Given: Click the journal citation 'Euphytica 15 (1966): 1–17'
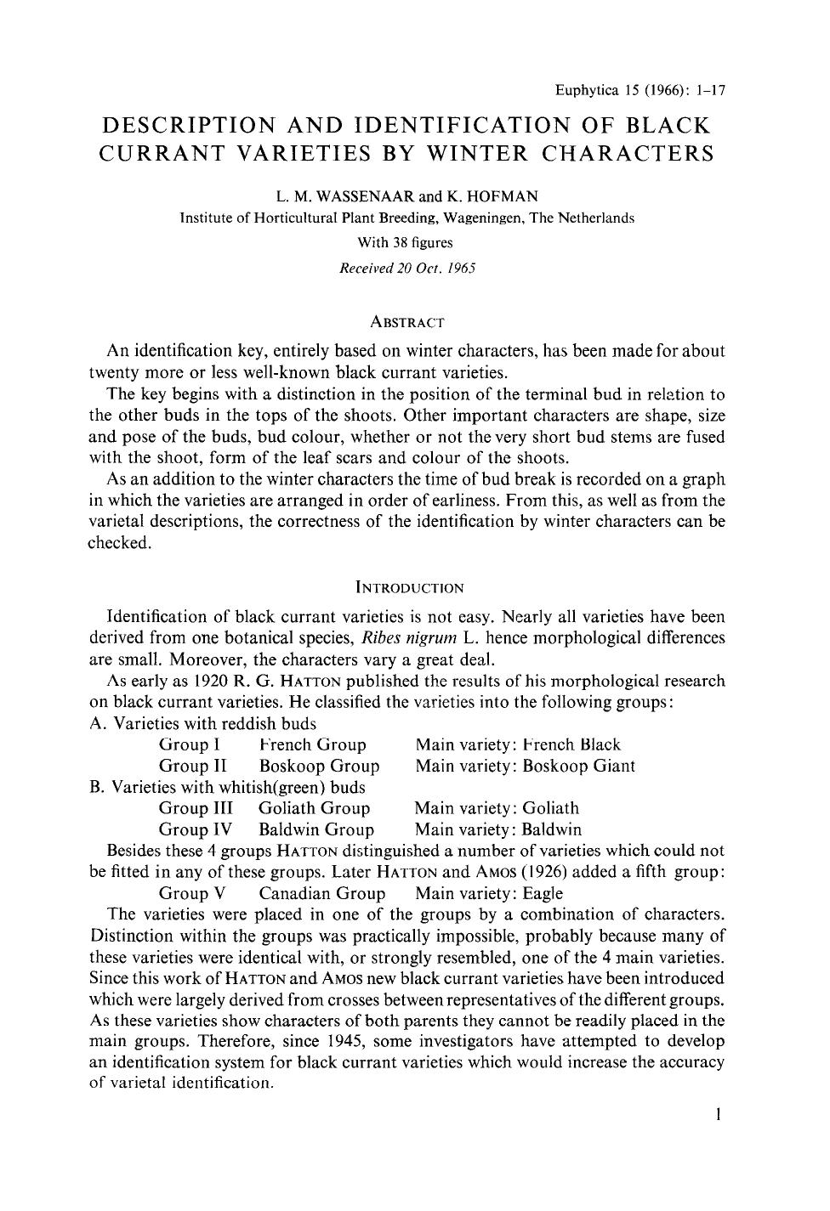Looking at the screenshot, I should point(639,89).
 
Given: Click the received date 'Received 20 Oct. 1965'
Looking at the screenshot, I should point(406,268).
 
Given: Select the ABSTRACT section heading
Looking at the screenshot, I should point(407,323).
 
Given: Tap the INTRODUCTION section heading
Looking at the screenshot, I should point(408,588).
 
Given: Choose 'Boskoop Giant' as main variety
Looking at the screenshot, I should point(578,766).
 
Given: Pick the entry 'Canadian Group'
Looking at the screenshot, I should point(321,893).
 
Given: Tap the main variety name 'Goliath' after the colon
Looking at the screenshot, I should point(550,808).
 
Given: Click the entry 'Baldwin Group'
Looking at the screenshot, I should point(316,829).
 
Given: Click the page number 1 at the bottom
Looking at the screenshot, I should point(719,1114).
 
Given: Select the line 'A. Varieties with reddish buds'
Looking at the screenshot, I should point(202,724).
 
